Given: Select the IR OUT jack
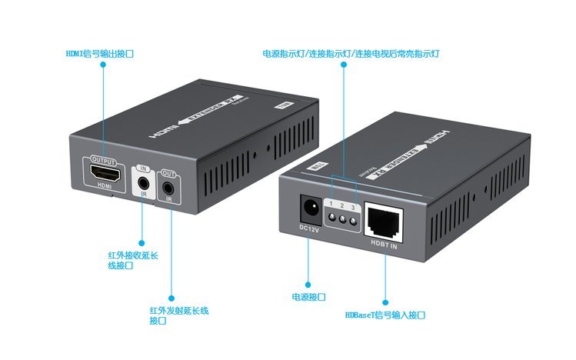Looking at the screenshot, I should pyautogui.click(x=168, y=186).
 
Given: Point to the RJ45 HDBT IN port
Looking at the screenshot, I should pyautogui.click(x=381, y=221).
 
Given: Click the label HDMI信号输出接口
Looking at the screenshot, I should pyautogui.click(x=103, y=54).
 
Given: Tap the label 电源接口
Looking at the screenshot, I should pyautogui.click(x=308, y=296).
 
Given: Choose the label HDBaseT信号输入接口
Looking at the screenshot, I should pyautogui.click(x=385, y=315).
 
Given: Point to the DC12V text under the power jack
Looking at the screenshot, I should pyautogui.click(x=309, y=228).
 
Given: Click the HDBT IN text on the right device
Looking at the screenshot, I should pyautogui.click(x=384, y=246).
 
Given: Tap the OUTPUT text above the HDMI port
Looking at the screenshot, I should pyautogui.click(x=103, y=162).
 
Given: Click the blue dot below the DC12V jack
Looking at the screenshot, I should pyautogui.click(x=308, y=284).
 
